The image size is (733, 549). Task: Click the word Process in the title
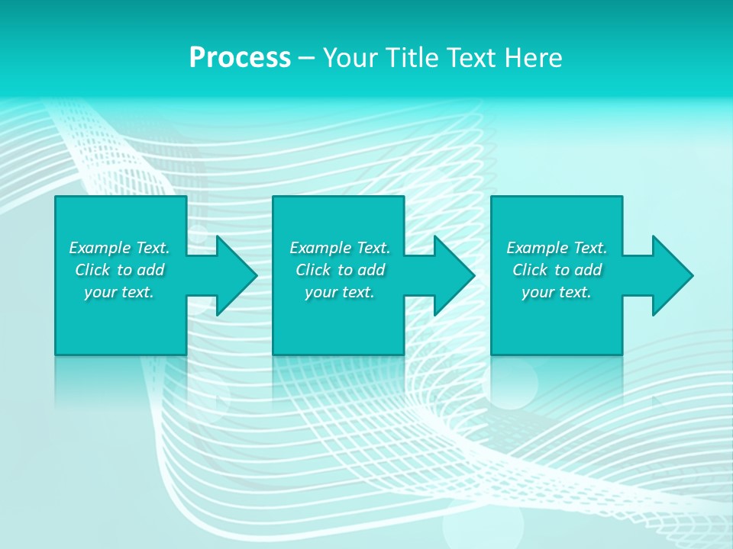tap(240, 58)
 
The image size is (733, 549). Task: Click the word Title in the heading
tap(412, 58)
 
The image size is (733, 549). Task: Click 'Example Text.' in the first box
tap(119, 248)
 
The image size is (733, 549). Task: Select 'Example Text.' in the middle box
tap(340, 248)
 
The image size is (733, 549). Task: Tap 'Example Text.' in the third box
tap(557, 248)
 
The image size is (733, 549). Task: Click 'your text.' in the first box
tap(119, 292)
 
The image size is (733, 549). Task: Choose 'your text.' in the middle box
tap(340, 292)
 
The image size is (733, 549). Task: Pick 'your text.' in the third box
tap(557, 292)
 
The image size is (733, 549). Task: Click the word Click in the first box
tap(92, 270)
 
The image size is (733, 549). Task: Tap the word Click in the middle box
tap(313, 270)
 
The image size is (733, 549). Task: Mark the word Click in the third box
tap(530, 270)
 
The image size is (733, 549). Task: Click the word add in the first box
tap(150, 270)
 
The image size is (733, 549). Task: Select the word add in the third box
tap(588, 270)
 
